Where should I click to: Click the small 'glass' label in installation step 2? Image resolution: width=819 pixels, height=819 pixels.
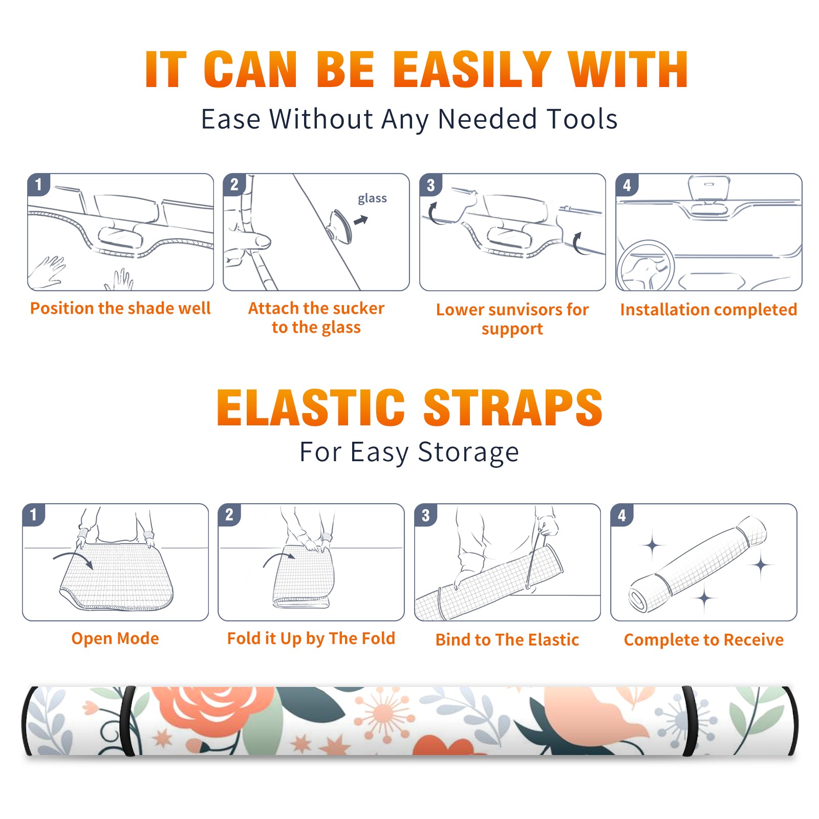[372, 199]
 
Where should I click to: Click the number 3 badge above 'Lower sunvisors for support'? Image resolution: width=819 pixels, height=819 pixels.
[430, 185]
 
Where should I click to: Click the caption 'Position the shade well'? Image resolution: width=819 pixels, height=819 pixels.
[120, 308]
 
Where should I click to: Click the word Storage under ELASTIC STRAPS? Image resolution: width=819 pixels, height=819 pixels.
[468, 452]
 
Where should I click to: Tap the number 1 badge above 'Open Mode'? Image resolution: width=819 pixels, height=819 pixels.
[34, 514]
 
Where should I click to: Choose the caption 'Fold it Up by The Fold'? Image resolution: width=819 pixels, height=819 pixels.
[311, 638]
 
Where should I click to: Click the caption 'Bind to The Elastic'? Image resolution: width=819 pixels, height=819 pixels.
[507, 640]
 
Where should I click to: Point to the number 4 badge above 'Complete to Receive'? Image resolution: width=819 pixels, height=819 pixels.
[622, 514]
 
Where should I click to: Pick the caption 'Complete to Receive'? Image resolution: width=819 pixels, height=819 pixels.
[704, 640]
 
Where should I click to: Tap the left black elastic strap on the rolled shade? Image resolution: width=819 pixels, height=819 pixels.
[128, 721]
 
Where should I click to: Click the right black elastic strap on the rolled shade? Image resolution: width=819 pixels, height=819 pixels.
[690, 721]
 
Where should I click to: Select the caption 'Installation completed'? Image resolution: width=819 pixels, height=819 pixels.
[709, 309]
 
